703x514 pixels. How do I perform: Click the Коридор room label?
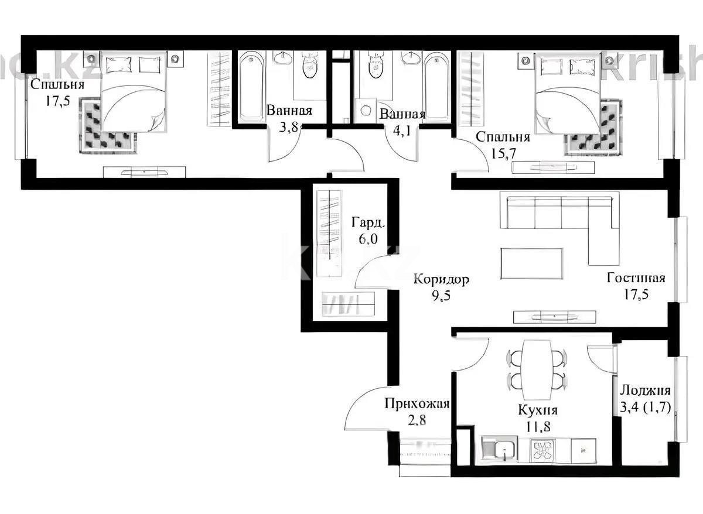[x=441, y=280]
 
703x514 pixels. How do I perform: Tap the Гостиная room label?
[x=636, y=278]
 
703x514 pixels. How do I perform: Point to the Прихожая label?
[x=417, y=403]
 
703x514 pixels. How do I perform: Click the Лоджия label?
[x=645, y=391]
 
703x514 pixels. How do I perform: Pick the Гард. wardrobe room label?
[x=368, y=222]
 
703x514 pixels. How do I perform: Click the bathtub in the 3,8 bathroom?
[x=252, y=86]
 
